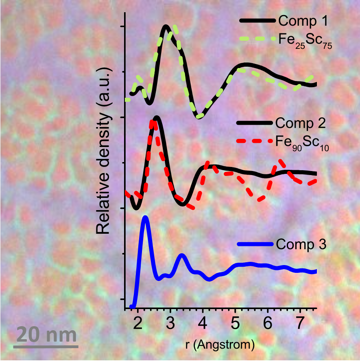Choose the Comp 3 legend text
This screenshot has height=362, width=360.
click(301, 244)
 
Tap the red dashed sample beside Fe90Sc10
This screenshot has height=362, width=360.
click(255, 141)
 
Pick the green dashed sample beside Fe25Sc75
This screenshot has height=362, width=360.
click(257, 39)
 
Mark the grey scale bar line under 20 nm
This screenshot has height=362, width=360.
click(46, 347)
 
